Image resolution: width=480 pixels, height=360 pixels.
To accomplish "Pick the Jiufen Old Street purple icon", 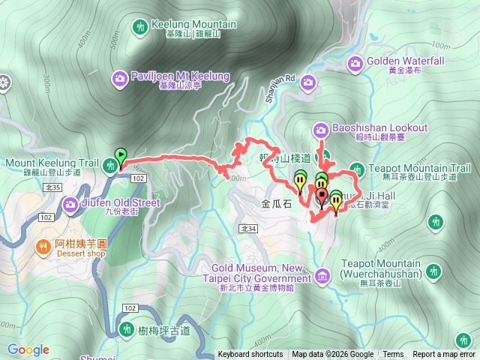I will [x=71, y=202].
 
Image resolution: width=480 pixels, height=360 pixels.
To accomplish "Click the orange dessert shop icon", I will [x=43, y=244].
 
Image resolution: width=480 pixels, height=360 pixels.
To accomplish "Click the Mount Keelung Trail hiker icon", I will [x=110, y=167].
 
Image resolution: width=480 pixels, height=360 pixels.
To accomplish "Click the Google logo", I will [x=28, y=349].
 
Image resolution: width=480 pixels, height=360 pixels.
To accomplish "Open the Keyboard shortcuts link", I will [x=250, y=355].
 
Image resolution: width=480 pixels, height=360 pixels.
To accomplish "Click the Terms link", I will [x=393, y=355].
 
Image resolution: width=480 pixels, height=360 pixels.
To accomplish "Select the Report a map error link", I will [x=444, y=355].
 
